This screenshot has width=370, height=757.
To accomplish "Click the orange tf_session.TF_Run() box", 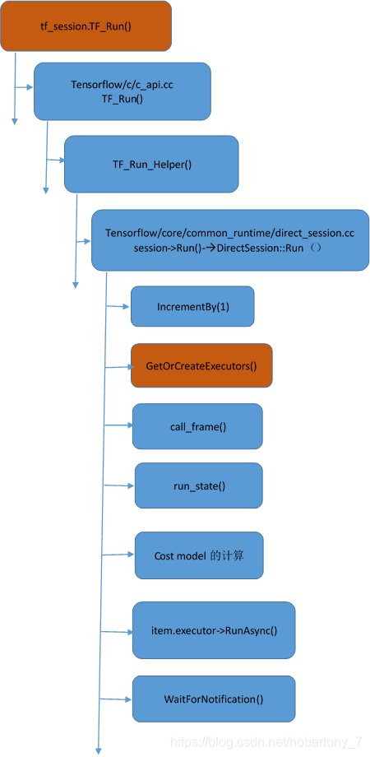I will click(86, 26).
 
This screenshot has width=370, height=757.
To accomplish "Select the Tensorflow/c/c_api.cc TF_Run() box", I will click(122, 91).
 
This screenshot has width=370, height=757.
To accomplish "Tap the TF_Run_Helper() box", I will click(151, 164).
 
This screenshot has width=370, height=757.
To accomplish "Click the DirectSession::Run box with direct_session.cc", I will click(230, 239).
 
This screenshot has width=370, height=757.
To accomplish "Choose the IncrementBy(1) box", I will click(192, 306).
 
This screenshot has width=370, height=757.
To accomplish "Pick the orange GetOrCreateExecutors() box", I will click(201, 365).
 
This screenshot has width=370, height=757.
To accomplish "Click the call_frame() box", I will click(197, 425).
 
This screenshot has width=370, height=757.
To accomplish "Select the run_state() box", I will click(199, 485).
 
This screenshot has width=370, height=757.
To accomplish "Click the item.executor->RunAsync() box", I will click(214, 630).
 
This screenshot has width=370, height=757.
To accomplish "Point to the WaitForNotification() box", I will click(213, 699).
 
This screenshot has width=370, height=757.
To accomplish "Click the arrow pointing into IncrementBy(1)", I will click(118, 307).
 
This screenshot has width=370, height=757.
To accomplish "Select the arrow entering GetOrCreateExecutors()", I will click(118, 366).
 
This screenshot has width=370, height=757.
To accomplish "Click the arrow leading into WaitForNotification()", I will click(115, 699).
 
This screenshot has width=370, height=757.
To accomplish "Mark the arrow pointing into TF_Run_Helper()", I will click(56, 159).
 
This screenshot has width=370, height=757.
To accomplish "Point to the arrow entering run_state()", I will click(120, 485).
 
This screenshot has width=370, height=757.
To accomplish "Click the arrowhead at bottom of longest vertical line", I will click(99, 749).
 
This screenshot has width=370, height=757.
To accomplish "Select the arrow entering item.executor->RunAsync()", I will click(116, 631).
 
